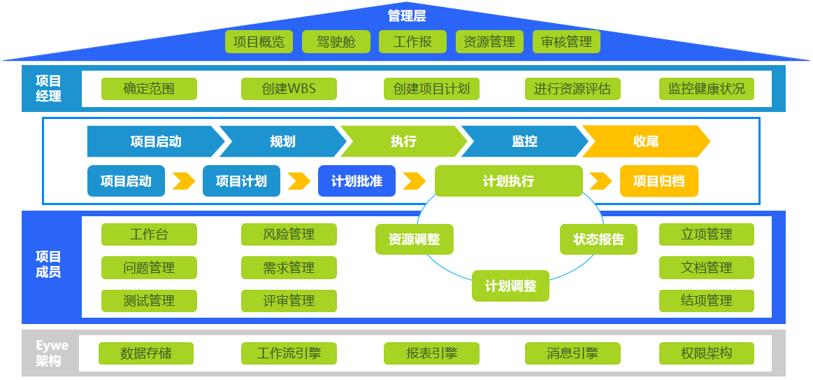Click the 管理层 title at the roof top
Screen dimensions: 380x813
(406, 15)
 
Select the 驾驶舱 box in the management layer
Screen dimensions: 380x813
(336, 42)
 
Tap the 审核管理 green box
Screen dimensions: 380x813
(566, 42)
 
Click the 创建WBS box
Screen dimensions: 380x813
(289, 89)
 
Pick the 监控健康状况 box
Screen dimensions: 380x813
(706, 89)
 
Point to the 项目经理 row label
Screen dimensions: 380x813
(48, 89)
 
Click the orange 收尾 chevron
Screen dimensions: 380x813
(645, 141)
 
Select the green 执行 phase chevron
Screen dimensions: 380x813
(403, 141)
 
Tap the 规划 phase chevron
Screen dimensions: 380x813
(282, 141)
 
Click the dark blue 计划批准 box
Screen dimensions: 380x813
(357, 181)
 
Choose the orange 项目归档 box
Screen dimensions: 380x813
(659, 181)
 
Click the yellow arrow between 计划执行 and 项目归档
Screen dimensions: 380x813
(600, 181)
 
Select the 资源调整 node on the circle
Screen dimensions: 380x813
(414, 239)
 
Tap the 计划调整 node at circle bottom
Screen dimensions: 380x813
(510, 286)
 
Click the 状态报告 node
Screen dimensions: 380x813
(598, 239)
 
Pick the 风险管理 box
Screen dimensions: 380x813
(289, 234)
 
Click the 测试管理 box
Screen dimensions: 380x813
(149, 301)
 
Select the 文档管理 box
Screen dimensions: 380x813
(706, 267)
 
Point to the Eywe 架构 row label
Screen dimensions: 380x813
(52, 353)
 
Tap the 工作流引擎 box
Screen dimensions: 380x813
(289, 353)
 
